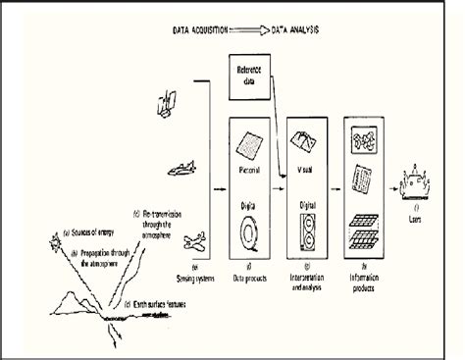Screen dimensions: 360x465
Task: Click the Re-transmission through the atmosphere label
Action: (x=156, y=222)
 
